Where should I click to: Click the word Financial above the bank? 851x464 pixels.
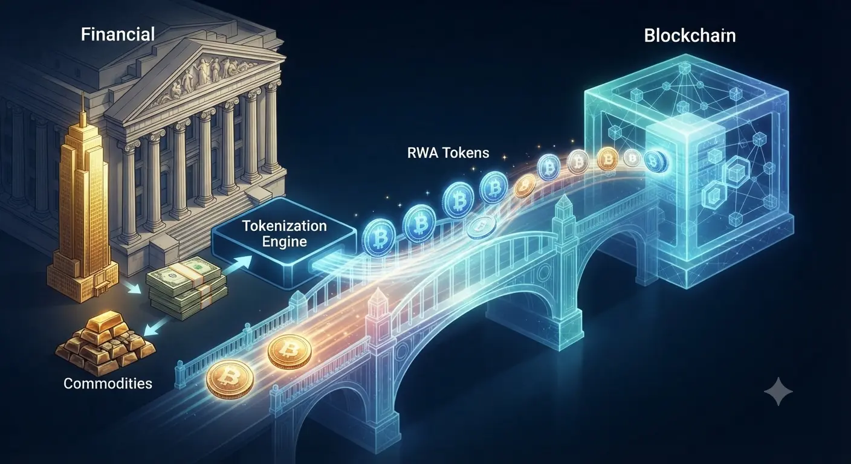pos(118,34)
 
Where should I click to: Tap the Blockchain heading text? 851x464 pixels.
pos(690,36)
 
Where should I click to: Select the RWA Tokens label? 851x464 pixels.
pos(448,153)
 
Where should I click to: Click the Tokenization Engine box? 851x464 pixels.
pos(284,243)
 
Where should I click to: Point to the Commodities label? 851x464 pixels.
pos(108,384)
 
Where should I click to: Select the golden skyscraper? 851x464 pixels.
pos(82,205)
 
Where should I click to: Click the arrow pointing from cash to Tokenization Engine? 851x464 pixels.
pos(237,265)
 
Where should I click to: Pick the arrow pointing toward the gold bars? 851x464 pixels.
pos(156,326)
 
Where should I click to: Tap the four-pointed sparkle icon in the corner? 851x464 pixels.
pos(778,391)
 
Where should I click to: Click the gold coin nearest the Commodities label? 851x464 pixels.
pos(230,379)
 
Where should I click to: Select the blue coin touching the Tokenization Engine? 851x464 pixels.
pos(378,239)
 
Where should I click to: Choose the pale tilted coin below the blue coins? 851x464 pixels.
pos(481,227)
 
